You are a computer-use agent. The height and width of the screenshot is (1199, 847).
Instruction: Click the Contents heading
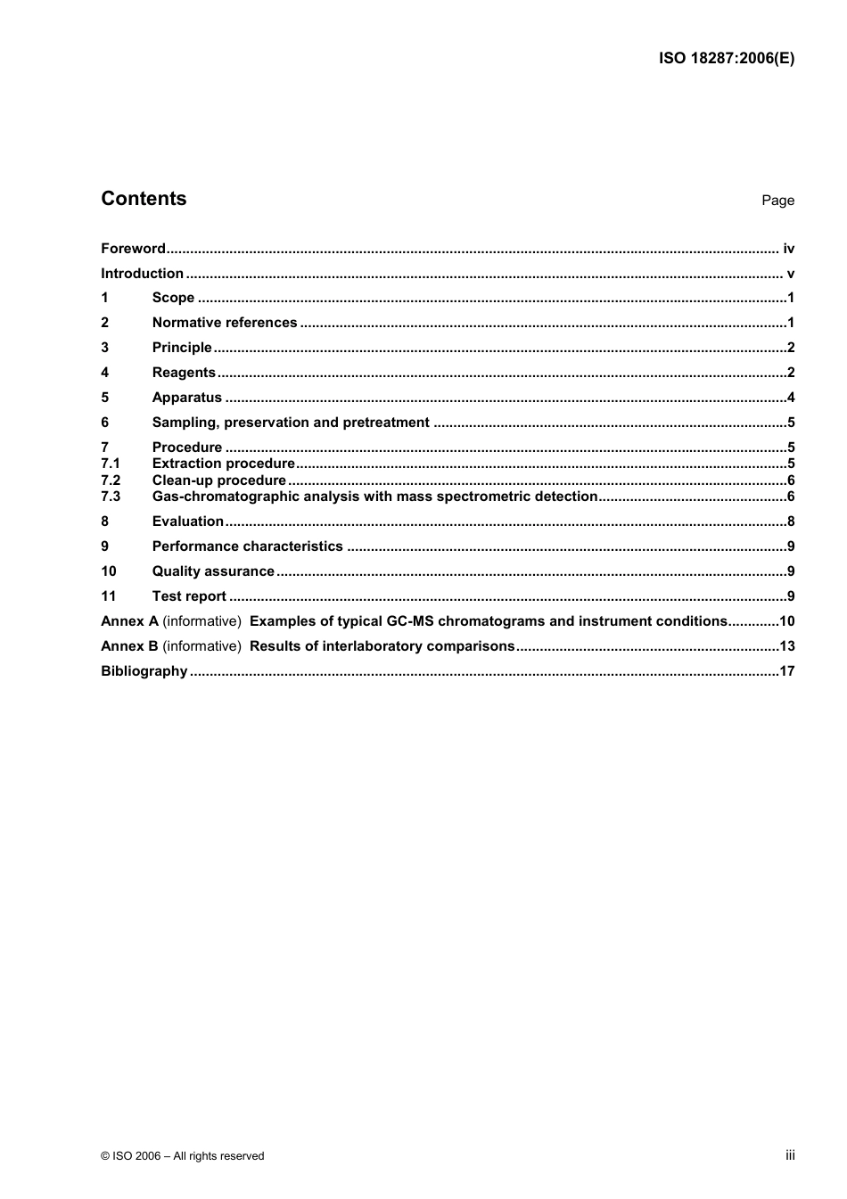tap(144, 199)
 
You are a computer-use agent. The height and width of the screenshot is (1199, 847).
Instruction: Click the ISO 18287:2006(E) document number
tap(726, 59)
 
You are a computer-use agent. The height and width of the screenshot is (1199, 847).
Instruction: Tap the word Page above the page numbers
tap(777, 201)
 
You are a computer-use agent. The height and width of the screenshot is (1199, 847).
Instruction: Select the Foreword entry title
tap(133, 249)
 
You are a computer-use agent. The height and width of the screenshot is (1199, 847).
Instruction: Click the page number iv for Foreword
tap(788, 249)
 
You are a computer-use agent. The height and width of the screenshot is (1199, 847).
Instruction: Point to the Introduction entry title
tap(142, 274)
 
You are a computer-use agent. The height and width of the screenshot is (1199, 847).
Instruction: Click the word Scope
tap(173, 298)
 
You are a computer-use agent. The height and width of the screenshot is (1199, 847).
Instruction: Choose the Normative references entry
tap(225, 323)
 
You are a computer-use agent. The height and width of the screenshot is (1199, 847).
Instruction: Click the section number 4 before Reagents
tap(104, 373)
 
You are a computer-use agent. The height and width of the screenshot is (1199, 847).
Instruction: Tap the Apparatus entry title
tap(186, 398)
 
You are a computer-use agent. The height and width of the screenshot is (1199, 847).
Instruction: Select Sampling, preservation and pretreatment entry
tap(291, 423)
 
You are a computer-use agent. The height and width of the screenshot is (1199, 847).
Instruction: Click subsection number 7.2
tap(110, 480)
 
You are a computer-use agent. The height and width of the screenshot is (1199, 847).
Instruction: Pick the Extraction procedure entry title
tap(223, 464)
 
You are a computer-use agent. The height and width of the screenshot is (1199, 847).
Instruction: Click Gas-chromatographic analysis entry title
tap(374, 497)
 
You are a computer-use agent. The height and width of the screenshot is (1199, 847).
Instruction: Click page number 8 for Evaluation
tap(791, 521)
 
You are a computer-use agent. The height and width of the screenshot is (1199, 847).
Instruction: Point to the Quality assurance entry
tap(213, 571)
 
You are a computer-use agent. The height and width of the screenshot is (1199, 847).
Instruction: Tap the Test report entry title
tap(189, 596)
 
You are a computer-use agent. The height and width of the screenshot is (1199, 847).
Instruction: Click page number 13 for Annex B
tap(786, 646)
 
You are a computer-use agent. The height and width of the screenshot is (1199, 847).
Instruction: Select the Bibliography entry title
tap(144, 671)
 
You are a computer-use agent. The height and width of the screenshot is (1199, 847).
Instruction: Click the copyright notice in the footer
tap(182, 1155)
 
